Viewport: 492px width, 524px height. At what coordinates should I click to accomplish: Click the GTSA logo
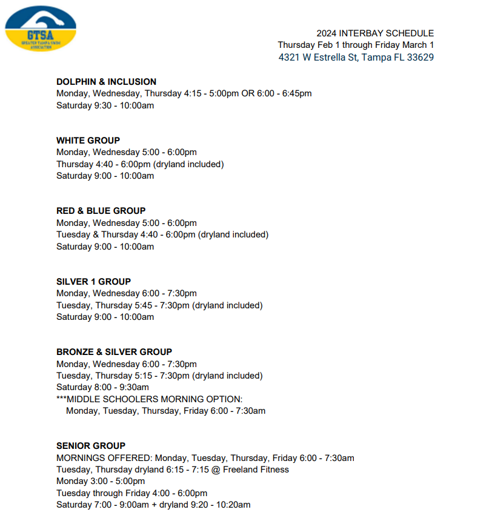[x=41, y=28]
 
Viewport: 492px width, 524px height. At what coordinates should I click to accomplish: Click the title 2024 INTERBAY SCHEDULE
[x=375, y=33]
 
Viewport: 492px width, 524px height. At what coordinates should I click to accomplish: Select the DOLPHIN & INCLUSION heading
[x=106, y=82]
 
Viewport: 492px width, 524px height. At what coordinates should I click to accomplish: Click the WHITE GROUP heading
[x=88, y=141]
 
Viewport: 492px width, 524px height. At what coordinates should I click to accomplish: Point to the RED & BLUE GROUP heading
[x=101, y=211]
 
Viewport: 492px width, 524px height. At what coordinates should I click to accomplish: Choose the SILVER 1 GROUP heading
[x=93, y=282]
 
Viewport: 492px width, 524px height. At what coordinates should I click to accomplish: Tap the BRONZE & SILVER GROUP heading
[x=114, y=352]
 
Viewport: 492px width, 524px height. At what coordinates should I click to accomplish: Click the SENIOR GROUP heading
[x=91, y=446]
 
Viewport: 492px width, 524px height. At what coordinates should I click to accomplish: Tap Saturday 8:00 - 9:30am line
[x=102, y=387]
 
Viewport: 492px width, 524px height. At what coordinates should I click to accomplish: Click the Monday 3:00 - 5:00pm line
[x=101, y=481]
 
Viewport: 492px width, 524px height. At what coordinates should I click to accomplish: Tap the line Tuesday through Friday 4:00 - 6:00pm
[x=131, y=493]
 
